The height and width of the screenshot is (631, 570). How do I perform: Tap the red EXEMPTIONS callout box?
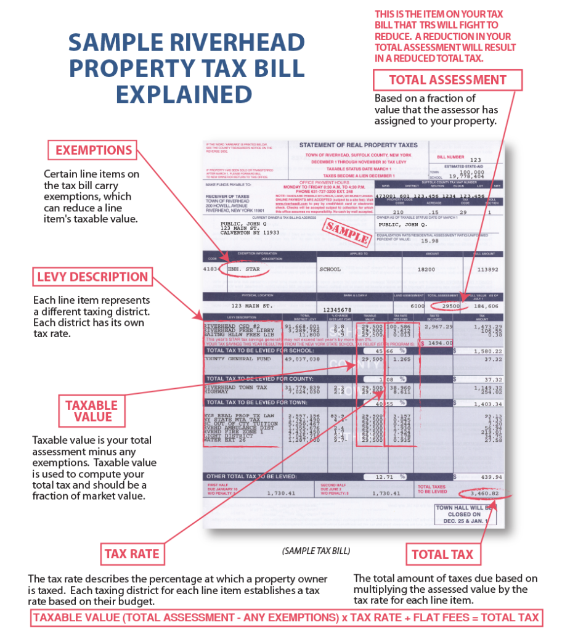pyautogui.click(x=94, y=150)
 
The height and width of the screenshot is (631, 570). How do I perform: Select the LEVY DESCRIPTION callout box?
pyautogui.click(x=92, y=277)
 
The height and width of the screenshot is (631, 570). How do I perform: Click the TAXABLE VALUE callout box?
pyautogui.click(x=92, y=411)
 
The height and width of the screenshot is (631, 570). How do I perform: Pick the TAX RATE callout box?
pyautogui.click(x=132, y=554)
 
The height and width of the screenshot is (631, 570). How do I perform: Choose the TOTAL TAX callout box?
pyautogui.click(x=442, y=554)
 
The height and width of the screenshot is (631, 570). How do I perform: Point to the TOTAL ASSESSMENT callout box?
pyautogui.click(x=448, y=80)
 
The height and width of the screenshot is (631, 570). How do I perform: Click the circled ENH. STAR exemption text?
pyautogui.click(x=245, y=269)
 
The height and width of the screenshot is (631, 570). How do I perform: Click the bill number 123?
pyautogui.click(x=475, y=159)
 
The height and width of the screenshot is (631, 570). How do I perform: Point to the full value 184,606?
pyautogui.click(x=486, y=306)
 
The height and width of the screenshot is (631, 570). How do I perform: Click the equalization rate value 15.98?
pyautogui.click(x=429, y=241)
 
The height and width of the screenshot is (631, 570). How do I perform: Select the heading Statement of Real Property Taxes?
pyautogui.click(x=358, y=145)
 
